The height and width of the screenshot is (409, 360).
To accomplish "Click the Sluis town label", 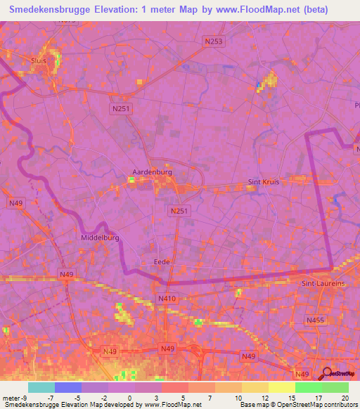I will click(39, 60).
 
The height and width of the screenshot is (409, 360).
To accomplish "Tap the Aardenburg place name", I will click(153, 171).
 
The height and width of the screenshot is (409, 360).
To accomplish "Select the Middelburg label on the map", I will click(100, 238).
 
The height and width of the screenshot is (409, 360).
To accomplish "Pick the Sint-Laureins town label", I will click(323, 283).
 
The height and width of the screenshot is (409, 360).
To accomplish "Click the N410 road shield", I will click(167, 299).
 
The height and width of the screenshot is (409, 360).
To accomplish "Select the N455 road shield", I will click(316, 320).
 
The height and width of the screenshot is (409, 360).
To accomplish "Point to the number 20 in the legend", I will click(344, 398).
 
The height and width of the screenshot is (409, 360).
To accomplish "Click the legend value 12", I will click(264, 398).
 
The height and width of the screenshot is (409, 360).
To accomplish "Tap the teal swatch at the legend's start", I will click(41, 387).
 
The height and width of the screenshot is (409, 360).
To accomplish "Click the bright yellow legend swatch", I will click(282, 387).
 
